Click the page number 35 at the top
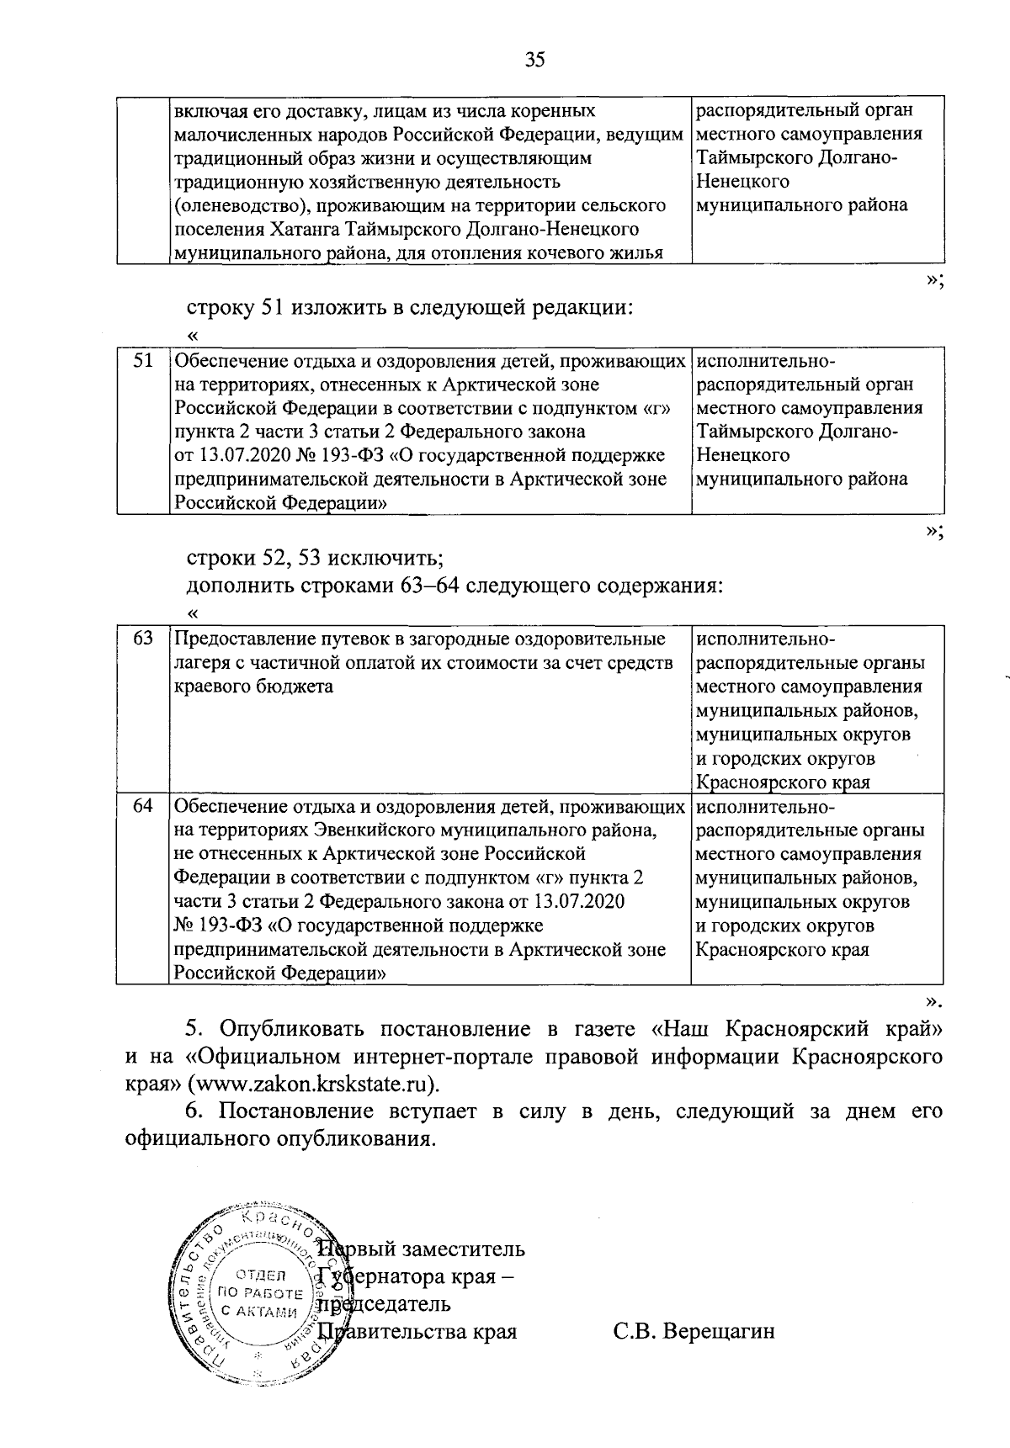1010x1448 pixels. pyautogui.click(x=534, y=60)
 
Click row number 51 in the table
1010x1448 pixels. pyautogui.click(x=144, y=360)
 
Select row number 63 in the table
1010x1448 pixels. pyautogui.click(x=143, y=638)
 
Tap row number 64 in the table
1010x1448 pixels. pyautogui.click(x=143, y=805)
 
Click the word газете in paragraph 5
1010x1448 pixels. pyautogui.click(x=601, y=1028)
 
